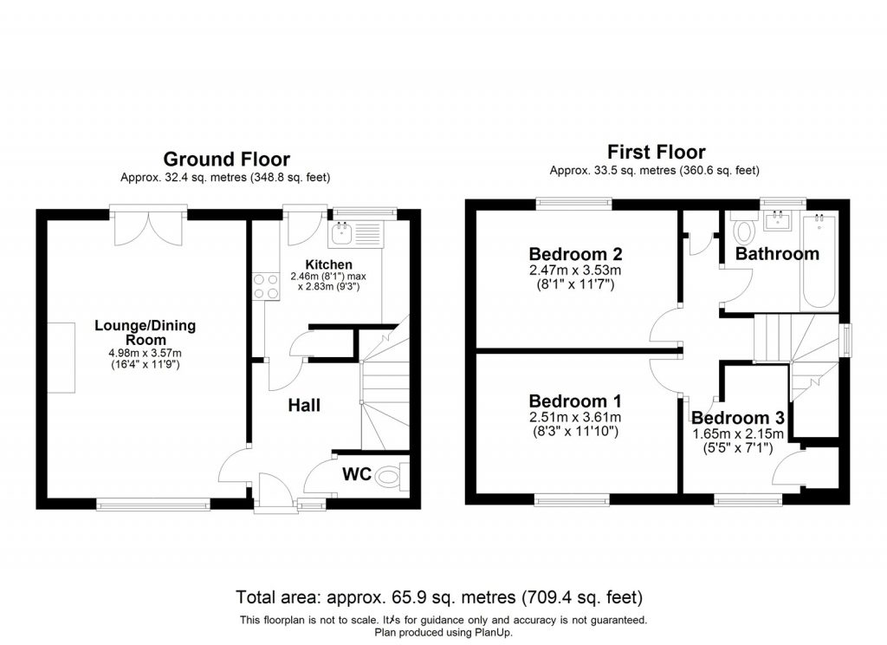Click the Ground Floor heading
226,159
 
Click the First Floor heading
656,152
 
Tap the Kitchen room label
328,264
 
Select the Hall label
304,405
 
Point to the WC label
357,474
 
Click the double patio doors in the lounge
147,225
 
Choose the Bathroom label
777,254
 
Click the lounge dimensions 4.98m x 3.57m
146,353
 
